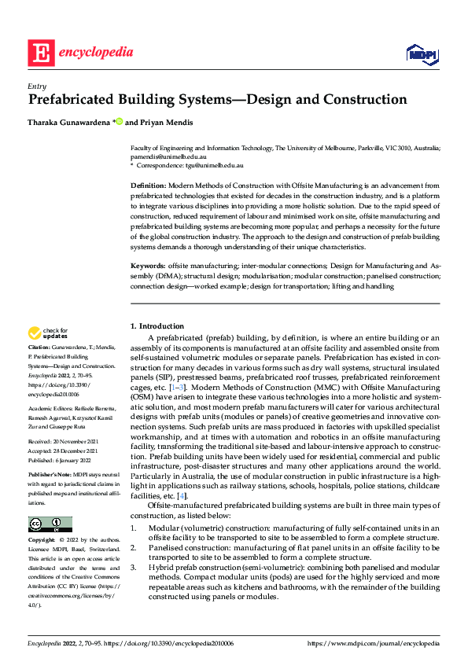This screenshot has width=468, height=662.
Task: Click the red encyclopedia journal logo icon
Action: [x=41, y=53]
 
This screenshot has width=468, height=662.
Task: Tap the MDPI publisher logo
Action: [x=421, y=53]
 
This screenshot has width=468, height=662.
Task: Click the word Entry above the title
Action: [x=36, y=86]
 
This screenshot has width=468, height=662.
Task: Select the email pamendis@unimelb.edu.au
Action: [x=163, y=157]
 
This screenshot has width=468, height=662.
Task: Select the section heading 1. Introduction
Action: [x=157, y=326]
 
